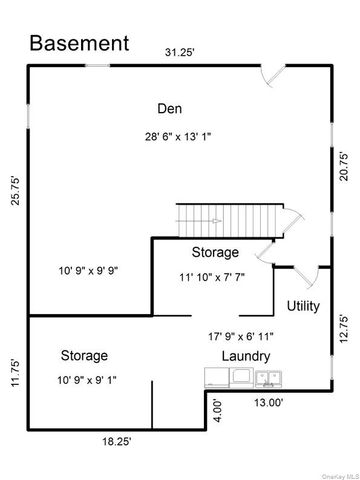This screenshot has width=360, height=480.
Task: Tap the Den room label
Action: click(168, 108)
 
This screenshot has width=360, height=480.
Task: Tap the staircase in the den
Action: click(226, 219)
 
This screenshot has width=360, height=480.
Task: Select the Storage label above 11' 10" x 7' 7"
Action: click(215, 252)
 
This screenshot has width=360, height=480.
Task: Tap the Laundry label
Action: click(245, 356)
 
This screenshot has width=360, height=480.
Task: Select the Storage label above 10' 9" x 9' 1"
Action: click(84, 355)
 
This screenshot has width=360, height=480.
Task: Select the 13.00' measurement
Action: click(266, 403)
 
